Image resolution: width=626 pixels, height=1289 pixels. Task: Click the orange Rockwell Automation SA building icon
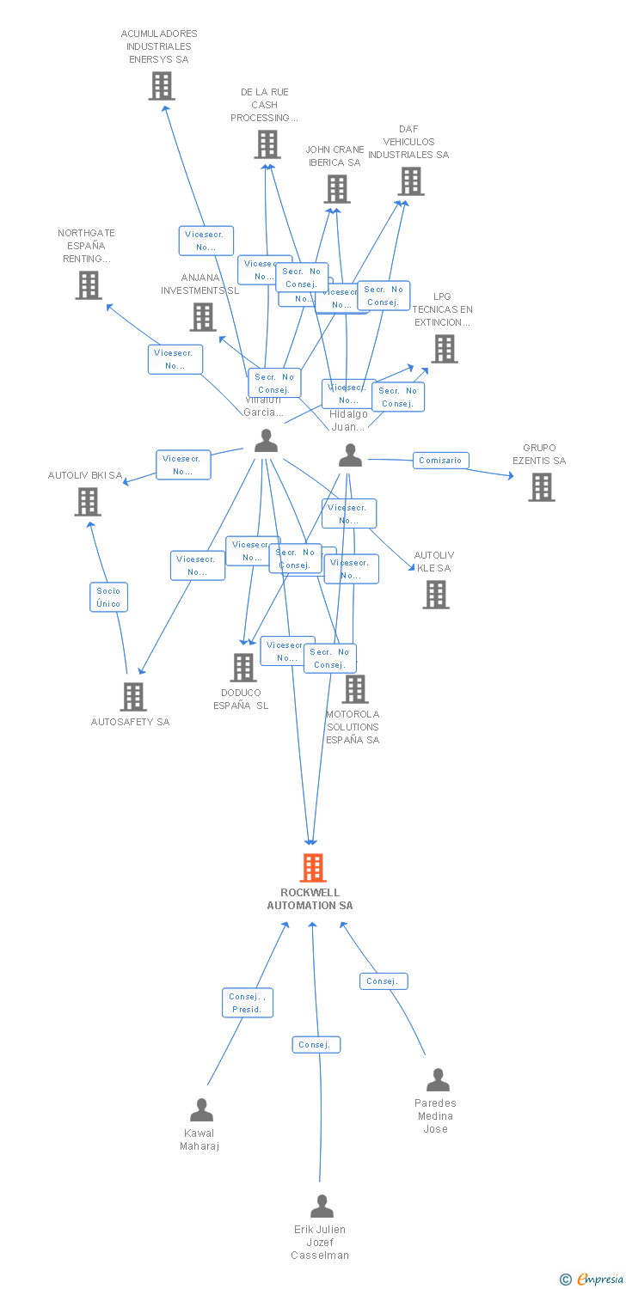[313, 868]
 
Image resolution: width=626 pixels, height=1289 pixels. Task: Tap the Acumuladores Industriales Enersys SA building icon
[162, 86]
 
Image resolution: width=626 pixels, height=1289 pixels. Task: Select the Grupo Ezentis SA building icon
[541, 487]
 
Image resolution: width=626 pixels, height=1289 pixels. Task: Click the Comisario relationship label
[440, 461]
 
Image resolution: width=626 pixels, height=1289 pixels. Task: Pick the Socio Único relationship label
[108, 597]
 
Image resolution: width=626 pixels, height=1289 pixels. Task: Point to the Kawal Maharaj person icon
[201, 1110]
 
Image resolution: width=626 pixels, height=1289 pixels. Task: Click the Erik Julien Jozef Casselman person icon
[322, 1207]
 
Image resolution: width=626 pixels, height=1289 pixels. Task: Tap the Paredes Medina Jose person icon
[438, 1080]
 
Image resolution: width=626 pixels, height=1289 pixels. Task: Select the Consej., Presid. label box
[248, 1003]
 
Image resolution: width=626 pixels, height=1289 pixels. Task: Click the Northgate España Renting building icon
[89, 285]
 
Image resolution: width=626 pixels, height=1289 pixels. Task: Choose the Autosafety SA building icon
[133, 696]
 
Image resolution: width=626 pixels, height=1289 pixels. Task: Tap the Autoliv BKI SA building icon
[88, 502]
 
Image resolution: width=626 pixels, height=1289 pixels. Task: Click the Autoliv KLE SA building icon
[436, 594]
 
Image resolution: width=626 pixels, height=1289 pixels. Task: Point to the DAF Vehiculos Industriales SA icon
[412, 181]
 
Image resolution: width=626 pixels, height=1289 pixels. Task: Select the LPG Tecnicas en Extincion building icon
[445, 349]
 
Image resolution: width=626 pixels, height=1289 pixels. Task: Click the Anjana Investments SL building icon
[203, 317]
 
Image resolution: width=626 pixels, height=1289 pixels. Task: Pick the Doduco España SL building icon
[243, 667]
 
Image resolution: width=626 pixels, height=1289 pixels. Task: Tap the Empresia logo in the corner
[592, 1279]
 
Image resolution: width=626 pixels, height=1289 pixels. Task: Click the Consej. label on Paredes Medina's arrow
[384, 981]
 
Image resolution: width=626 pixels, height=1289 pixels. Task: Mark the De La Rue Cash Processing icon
[267, 144]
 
